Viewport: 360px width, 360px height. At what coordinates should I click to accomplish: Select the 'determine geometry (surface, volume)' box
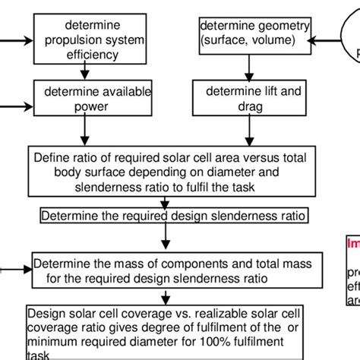pyautogui.click(x=254, y=36)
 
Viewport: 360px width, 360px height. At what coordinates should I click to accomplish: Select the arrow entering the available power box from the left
pyautogui.click(x=17, y=99)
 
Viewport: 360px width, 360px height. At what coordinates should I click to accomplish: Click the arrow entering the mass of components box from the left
pyautogui.click(x=15, y=268)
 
